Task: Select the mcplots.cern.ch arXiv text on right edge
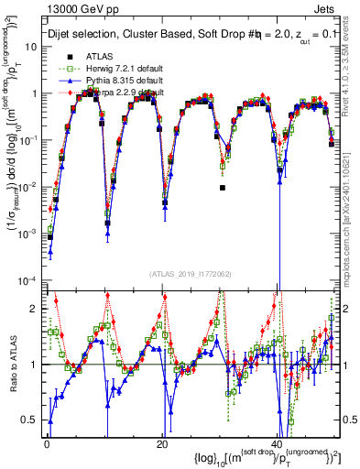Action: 351,211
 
